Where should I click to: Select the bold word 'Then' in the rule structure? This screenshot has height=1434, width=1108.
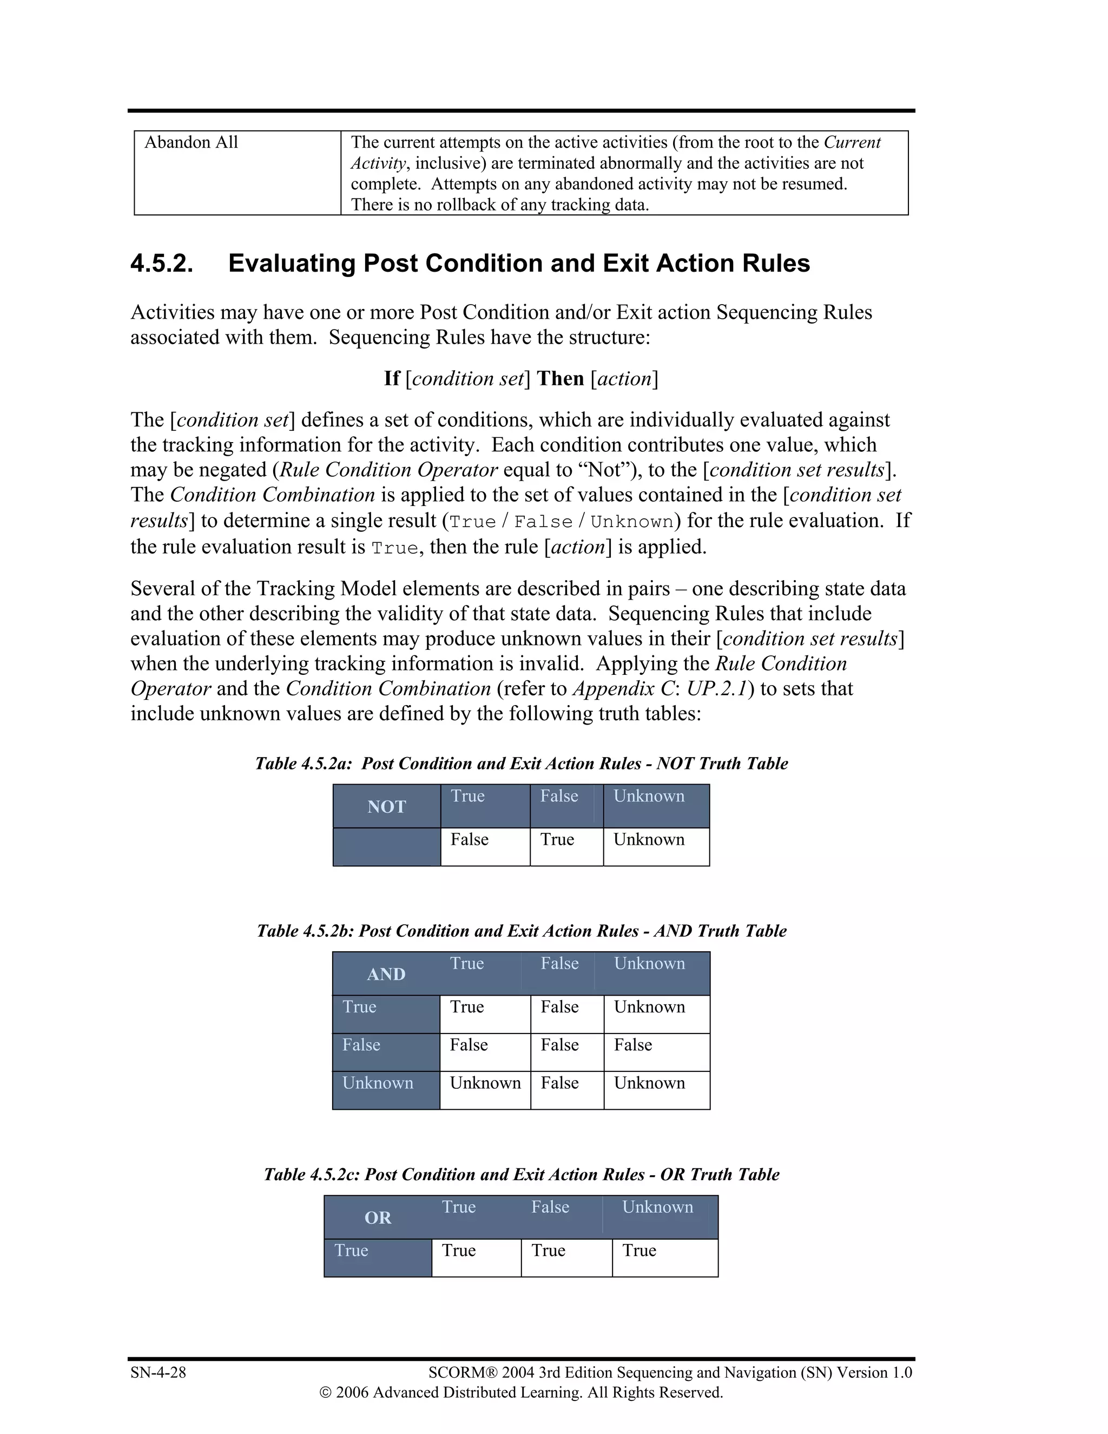point(560,379)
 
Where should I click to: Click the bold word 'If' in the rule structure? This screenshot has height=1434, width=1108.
point(391,379)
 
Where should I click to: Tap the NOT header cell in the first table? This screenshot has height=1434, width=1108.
point(387,806)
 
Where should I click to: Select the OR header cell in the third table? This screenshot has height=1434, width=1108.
point(378,1218)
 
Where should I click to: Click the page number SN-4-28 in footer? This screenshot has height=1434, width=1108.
point(158,1372)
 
